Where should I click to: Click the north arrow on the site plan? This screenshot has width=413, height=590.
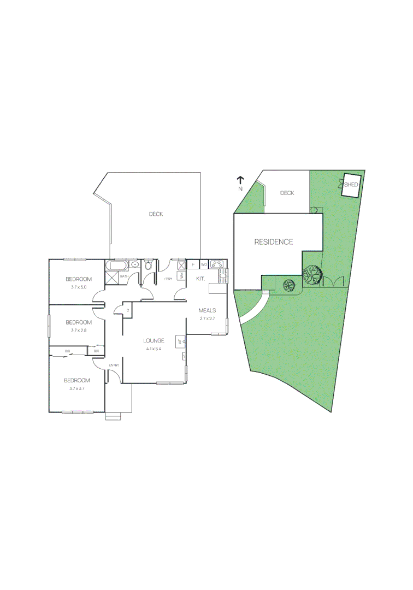click(240, 180)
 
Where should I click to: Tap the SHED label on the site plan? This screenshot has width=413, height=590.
click(351, 185)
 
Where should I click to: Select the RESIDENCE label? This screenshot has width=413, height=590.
click(273, 242)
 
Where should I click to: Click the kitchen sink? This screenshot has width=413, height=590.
click(223, 275)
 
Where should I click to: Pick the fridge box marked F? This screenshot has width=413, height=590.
click(193, 265)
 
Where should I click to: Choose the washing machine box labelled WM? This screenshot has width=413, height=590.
click(181, 276)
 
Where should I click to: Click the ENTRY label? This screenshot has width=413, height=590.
click(114, 365)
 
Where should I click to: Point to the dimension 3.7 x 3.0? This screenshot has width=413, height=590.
click(78, 287)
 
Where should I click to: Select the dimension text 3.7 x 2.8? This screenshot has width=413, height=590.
click(78, 330)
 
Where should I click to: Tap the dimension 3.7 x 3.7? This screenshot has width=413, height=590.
click(77, 388)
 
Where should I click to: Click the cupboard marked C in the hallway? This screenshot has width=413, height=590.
click(127, 310)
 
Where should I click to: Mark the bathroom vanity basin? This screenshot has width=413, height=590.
click(135, 266)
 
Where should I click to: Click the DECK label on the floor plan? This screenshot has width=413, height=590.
click(156, 214)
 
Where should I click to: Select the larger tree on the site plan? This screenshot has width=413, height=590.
click(312, 274)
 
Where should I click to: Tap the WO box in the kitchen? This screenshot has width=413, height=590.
click(204, 265)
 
